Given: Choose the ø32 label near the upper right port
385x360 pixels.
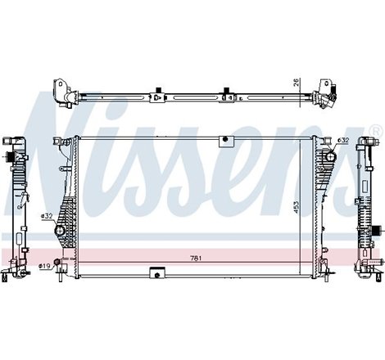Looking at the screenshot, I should coord(343,140).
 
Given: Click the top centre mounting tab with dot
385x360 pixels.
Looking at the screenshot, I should coord(224,142).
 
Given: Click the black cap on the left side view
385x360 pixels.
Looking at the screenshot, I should coord(12,155).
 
